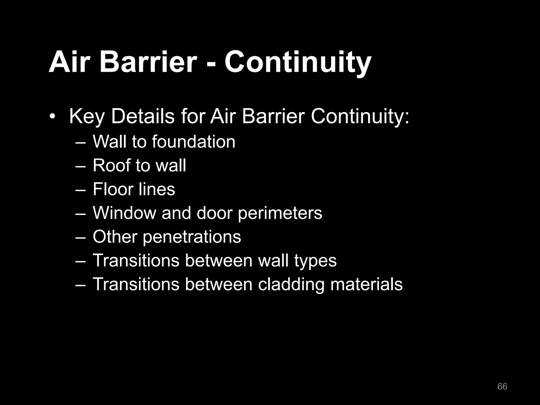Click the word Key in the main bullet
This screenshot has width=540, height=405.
[87, 117]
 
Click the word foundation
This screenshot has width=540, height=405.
[193, 142]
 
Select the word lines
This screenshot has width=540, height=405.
[159, 189]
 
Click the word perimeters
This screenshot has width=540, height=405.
[280, 213]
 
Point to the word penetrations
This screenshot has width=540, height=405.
[192, 237]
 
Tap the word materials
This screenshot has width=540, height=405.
[366, 284]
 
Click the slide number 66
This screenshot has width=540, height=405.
[502, 386]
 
